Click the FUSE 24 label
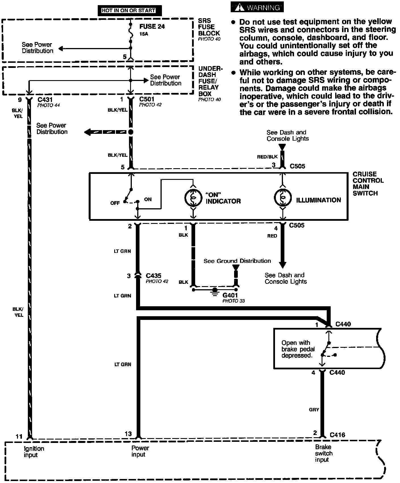point(152,27)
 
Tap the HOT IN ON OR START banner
point(129,11)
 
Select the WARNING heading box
point(257,7)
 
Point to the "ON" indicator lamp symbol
point(193,198)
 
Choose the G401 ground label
point(230,295)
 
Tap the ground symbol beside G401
point(215,291)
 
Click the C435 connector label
point(153,276)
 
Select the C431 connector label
point(45,100)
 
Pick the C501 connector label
point(147,99)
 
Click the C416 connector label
point(338,435)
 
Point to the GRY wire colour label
point(314,410)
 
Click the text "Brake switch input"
point(324,453)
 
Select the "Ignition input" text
point(34,451)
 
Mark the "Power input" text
point(140,451)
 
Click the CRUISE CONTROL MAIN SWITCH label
point(368,184)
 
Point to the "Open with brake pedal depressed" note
point(298,349)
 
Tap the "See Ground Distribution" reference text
point(237,261)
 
